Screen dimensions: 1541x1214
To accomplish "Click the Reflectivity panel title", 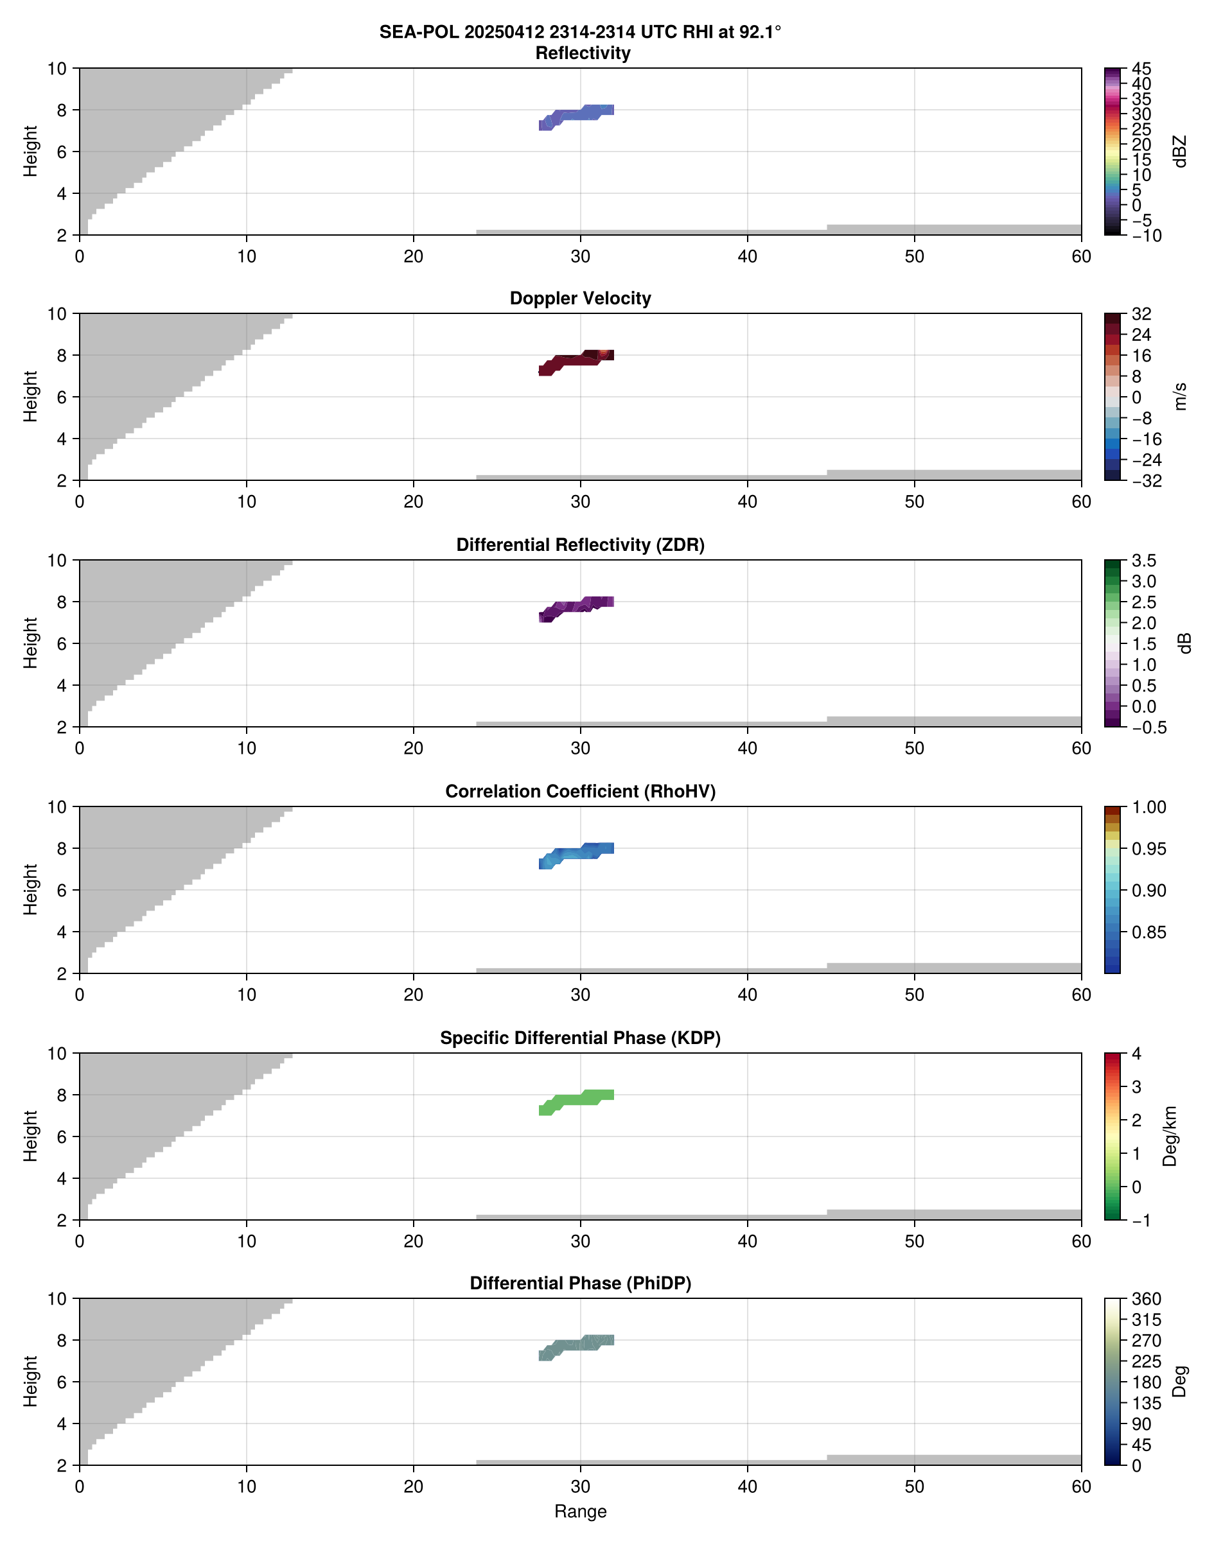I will point(582,53).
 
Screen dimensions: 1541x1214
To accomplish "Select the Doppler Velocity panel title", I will point(580,299).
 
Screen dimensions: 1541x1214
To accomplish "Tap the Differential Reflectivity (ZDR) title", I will point(580,545).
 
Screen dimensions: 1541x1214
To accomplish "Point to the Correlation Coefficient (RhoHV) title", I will point(580,792).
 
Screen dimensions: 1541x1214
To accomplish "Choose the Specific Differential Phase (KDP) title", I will point(580,1038).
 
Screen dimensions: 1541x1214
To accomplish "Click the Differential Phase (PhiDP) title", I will point(580,1283).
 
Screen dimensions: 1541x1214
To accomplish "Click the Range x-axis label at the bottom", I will point(580,1511).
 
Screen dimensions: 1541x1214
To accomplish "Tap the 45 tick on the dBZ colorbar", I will point(1141,69).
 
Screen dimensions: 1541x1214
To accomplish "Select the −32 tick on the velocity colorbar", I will point(1145,481).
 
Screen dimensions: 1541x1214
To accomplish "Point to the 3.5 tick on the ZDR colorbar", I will point(1143,561).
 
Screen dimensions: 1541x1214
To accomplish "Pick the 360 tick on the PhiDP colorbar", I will point(1146,1300).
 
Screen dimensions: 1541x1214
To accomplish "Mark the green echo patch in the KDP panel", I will point(576,1100).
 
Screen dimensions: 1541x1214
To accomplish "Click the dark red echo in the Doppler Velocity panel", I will point(576,360).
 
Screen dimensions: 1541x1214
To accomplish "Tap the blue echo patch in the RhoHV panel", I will point(576,853).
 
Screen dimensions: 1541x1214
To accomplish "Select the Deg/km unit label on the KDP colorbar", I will point(1169,1136).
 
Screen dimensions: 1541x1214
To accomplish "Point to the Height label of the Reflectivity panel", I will point(30,152).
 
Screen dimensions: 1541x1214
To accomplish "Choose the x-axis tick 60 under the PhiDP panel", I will point(1080,1486).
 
